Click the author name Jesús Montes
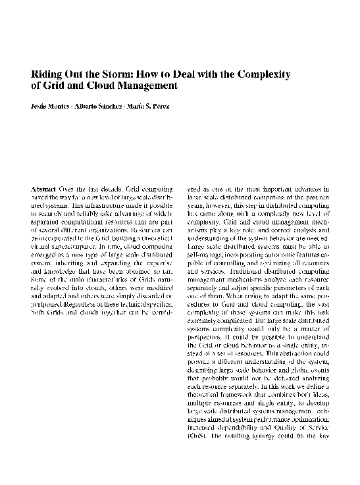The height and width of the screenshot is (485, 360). tap(50, 107)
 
